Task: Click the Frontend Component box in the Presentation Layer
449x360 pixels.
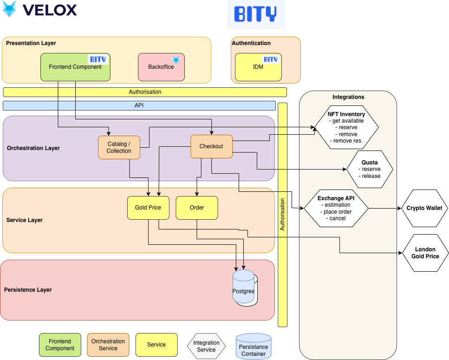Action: click(x=75, y=67)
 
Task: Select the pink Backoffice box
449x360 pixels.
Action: click(x=161, y=67)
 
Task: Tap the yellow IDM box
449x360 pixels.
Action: click(x=258, y=67)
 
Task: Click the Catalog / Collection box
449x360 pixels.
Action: click(x=119, y=147)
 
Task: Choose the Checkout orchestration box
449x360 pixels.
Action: click(x=211, y=146)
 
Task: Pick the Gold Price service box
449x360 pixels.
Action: click(x=148, y=208)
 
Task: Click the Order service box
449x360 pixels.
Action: click(x=197, y=208)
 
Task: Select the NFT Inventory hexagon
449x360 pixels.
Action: click(x=346, y=127)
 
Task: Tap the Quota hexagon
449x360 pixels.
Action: click(x=370, y=170)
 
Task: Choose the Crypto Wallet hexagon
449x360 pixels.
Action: click(x=424, y=208)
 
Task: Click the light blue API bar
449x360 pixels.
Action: click(x=139, y=105)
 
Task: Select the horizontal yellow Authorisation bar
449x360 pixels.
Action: click(x=145, y=92)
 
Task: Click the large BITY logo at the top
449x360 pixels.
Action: click(x=256, y=14)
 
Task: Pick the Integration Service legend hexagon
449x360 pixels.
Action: click(x=206, y=346)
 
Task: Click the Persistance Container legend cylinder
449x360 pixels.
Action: click(x=254, y=347)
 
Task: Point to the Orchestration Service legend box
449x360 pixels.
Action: click(x=108, y=345)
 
